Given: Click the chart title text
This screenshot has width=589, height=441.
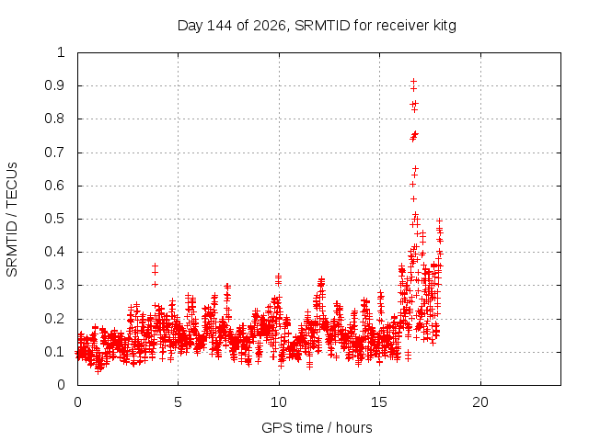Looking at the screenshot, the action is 317,26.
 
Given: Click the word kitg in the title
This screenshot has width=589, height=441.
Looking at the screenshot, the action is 445,26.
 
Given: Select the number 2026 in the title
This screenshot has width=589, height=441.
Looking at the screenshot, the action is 270,26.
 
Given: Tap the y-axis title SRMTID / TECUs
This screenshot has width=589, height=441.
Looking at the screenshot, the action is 12,220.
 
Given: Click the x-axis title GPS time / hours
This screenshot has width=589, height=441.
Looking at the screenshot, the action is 317,427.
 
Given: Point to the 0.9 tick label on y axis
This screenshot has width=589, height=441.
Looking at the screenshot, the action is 54,85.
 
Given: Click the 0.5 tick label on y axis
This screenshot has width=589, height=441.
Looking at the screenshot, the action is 54,219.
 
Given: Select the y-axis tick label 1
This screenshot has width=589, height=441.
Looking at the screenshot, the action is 61,52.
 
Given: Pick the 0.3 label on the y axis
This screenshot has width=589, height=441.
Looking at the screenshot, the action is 54,285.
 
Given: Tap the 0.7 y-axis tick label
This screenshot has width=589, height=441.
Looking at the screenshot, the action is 54,153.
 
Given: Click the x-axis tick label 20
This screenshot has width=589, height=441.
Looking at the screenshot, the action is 480,402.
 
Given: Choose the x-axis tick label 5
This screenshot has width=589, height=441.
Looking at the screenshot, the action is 178,402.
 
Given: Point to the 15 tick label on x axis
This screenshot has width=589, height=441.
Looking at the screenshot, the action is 379,402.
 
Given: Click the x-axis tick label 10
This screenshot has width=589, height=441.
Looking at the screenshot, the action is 279,402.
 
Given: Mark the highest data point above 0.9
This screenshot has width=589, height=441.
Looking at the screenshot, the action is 413,81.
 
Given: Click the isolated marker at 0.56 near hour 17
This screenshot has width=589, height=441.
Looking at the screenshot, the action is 413,198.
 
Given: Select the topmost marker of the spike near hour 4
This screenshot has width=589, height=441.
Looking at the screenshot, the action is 155,266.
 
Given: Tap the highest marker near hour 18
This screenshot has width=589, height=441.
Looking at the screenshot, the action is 439,220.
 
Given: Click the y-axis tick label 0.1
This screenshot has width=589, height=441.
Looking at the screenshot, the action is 54,352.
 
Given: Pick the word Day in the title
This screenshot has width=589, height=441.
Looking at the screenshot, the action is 191,26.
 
